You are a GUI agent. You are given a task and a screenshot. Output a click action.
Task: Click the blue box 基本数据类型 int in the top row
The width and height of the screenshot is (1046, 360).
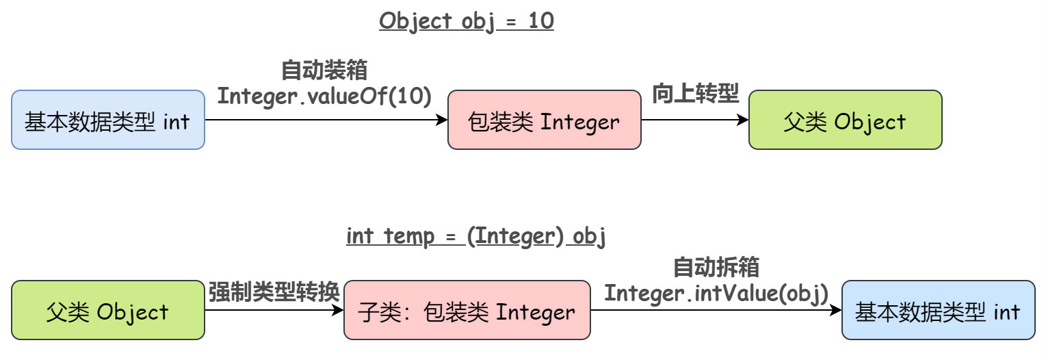(x=108, y=120)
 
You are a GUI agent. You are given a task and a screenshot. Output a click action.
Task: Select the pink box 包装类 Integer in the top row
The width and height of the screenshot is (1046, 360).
(x=544, y=120)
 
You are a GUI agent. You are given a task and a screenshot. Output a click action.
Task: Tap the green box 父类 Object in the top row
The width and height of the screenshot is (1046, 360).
(x=845, y=120)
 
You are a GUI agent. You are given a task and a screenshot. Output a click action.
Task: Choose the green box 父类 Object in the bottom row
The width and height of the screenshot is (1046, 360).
(x=108, y=310)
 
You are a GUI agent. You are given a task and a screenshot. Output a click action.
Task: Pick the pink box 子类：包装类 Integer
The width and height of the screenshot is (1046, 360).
(x=467, y=310)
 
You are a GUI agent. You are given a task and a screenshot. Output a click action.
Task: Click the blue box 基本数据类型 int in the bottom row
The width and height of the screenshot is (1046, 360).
(x=938, y=310)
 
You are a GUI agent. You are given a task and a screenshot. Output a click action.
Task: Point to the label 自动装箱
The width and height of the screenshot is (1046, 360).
(x=324, y=70)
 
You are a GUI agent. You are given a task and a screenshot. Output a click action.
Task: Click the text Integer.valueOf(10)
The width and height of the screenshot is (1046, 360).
(x=324, y=96)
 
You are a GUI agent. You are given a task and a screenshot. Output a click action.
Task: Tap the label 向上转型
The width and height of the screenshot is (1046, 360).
(x=695, y=94)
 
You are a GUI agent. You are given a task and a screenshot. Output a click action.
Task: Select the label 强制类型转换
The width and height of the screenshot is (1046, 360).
(x=274, y=292)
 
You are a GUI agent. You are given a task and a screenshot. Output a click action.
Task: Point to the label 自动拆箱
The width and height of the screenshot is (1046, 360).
(x=716, y=267)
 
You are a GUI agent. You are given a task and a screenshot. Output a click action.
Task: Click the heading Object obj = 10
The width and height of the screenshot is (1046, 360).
(x=466, y=21)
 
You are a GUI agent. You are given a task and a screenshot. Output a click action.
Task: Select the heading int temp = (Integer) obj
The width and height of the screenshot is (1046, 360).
(x=476, y=236)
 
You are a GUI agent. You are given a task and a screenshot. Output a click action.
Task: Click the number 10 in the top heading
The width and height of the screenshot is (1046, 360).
(x=541, y=21)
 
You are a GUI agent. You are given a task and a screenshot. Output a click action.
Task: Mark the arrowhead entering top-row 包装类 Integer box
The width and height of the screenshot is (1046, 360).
(x=442, y=120)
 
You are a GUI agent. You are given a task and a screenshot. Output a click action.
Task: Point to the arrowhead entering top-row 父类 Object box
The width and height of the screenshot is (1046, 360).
(x=743, y=120)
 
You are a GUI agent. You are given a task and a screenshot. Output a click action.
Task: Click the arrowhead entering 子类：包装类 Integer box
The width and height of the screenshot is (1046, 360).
(x=337, y=310)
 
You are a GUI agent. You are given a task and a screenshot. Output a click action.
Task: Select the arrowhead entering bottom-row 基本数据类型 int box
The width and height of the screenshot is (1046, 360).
(x=836, y=310)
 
